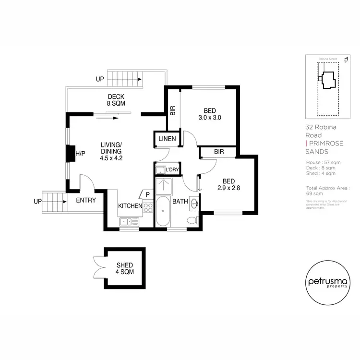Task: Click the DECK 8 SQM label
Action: tap(116, 100)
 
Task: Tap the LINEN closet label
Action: tap(167, 139)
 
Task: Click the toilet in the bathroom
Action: tap(192, 221)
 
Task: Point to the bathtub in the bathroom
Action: tap(163, 212)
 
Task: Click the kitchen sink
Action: tap(130, 221)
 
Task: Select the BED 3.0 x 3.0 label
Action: tap(209, 113)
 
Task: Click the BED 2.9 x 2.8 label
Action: tap(229, 184)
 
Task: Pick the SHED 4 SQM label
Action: tap(125, 268)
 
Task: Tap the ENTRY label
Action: tap(86, 200)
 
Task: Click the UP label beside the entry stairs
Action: tap(38, 201)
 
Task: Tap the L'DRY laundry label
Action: tap(171, 170)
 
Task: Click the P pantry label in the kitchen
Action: tap(147, 194)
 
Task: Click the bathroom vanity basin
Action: tap(193, 204)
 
